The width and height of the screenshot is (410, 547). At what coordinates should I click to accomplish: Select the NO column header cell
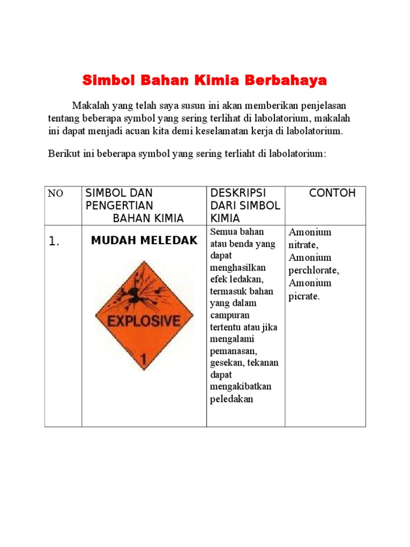tap(56, 194)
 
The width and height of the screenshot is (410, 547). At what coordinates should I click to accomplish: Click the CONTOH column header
tap(332, 193)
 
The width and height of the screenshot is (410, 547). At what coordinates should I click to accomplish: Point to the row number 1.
tap(54, 242)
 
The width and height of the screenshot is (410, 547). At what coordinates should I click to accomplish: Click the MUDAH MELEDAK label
tap(144, 240)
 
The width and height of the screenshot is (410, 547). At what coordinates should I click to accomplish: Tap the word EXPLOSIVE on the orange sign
tap(144, 321)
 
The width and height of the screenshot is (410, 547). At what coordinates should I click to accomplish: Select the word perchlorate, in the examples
tap(314, 270)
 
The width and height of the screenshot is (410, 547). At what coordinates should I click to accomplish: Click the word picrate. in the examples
tap(304, 296)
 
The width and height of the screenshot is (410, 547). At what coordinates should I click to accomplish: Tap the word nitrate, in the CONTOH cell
tap(303, 245)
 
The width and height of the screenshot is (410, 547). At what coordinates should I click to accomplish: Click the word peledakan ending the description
tap(232, 399)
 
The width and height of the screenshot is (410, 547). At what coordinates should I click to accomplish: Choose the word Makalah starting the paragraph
tap(89, 105)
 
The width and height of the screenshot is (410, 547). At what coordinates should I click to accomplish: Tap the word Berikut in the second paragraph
tap(63, 154)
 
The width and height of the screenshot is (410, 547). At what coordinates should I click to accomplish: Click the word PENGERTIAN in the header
tap(120, 206)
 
